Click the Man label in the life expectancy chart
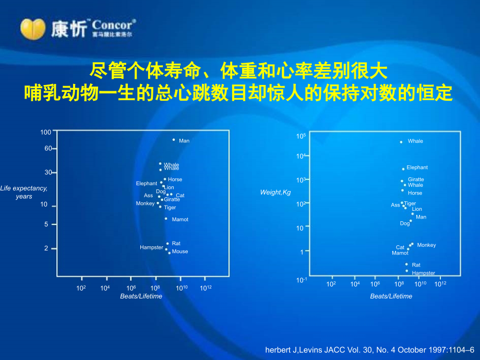pos(184,141)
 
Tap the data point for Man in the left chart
pos(174,139)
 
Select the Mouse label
pos(180,251)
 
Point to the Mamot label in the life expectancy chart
pos(180,220)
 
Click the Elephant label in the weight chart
pos(417,167)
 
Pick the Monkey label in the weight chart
pos(426,245)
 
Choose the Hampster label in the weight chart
pos(423,273)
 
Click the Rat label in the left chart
pos(176,244)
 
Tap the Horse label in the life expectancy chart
pos(175,179)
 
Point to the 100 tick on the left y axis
pos(46,133)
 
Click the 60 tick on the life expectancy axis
pos(48,149)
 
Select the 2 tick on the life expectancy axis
pos(46,248)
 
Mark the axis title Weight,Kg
pos(275,193)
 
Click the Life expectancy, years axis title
pos(24,192)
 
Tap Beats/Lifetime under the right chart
pos(391,296)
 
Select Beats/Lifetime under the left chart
pos(141,296)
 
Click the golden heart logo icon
pos(32,28)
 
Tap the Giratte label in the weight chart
pos(416,179)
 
